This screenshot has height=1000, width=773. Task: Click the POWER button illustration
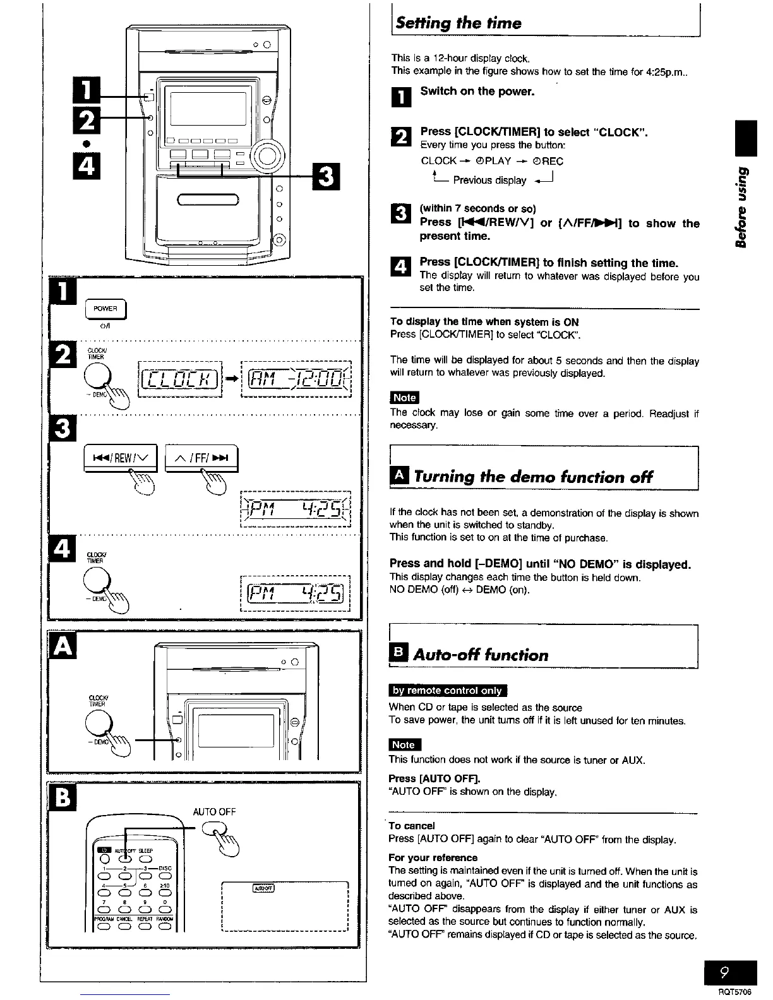point(105,309)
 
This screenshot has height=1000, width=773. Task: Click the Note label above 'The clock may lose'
point(404,397)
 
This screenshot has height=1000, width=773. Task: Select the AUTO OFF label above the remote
point(214,812)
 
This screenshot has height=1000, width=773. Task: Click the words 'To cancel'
point(412,826)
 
